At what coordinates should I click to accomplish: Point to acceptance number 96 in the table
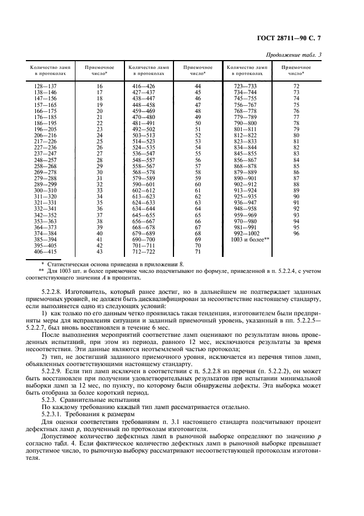(296, 233)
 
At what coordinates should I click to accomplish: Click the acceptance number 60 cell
(198, 184)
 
